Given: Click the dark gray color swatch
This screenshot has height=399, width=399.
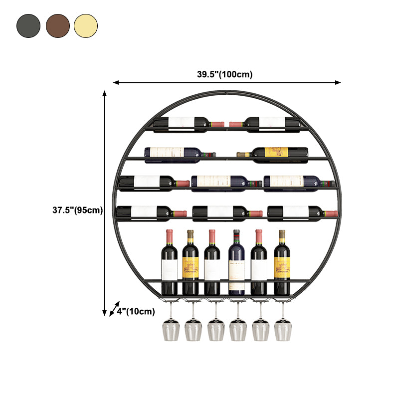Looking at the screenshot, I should tap(28, 26).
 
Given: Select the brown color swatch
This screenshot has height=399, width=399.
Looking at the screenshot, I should tap(57, 26).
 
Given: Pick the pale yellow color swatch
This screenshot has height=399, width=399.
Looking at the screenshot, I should tap(86, 26).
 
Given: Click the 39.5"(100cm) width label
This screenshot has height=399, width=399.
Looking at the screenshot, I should tap(224, 74).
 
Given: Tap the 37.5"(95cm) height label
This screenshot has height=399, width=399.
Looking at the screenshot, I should tap(78, 210).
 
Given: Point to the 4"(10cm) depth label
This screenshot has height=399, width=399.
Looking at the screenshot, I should tap(136, 312).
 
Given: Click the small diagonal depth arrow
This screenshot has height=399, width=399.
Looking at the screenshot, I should tap(115, 309).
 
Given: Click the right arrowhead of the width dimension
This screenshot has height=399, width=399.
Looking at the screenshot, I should tap(339, 82).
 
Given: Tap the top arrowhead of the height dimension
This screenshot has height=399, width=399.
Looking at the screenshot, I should tap(105, 93).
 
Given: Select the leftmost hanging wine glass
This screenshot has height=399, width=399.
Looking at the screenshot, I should tap(170, 329).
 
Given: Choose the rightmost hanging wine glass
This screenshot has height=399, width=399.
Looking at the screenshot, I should tap(282, 329).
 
